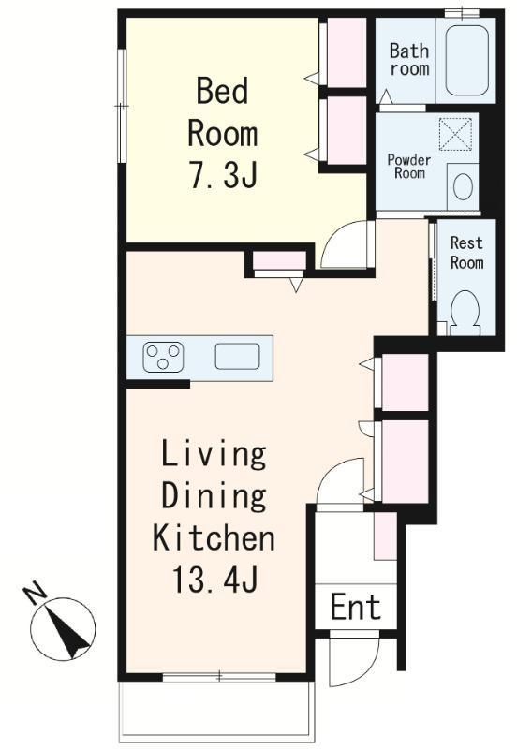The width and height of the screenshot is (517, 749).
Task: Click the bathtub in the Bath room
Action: [466, 61]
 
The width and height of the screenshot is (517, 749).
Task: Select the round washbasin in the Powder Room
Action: [463, 186]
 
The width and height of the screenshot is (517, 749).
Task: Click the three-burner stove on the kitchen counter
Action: [163, 357]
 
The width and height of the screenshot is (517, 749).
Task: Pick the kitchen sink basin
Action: [238, 357]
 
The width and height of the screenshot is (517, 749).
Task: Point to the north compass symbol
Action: [63, 629]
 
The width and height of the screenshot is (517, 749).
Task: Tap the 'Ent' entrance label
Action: [356, 607]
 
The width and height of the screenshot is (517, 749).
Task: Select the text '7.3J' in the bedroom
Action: [224, 174]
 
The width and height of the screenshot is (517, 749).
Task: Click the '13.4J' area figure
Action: [215, 579]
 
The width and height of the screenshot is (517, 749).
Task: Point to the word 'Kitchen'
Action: [214, 536]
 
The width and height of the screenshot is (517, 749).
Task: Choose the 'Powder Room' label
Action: [409, 167]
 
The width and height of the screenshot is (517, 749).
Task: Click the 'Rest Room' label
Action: [466, 253]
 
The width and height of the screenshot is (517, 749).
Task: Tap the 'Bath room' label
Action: [409, 59]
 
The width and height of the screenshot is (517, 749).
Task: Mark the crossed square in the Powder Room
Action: [455, 134]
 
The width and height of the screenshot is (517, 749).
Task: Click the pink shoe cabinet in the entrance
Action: [385, 536]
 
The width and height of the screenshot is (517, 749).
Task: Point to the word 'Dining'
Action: [214, 496]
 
